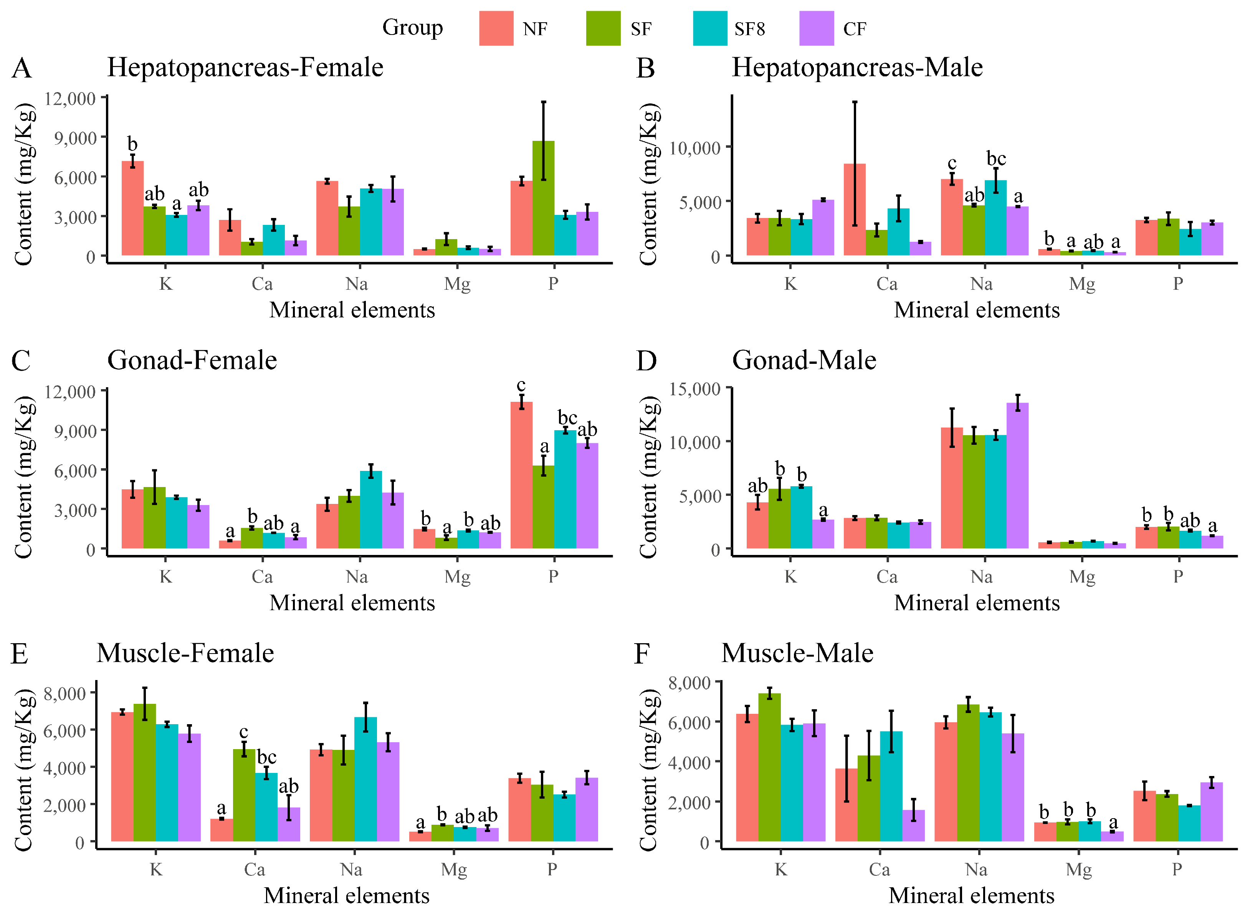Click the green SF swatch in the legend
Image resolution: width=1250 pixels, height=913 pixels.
click(603, 28)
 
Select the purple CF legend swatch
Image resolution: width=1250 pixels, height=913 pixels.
click(816, 28)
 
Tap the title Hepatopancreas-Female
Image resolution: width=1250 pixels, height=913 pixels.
click(245, 68)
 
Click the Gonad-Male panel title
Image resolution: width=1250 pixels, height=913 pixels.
click(804, 360)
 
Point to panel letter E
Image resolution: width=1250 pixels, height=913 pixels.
click(20, 654)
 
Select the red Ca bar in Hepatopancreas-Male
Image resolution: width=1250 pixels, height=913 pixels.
click(854, 210)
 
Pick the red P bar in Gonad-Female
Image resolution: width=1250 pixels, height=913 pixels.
click(521, 475)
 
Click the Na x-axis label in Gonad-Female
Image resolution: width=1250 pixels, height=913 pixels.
click(357, 576)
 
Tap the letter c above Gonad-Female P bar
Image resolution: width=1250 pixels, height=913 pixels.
click(521, 385)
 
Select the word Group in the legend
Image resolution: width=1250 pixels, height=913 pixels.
click(412, 27)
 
